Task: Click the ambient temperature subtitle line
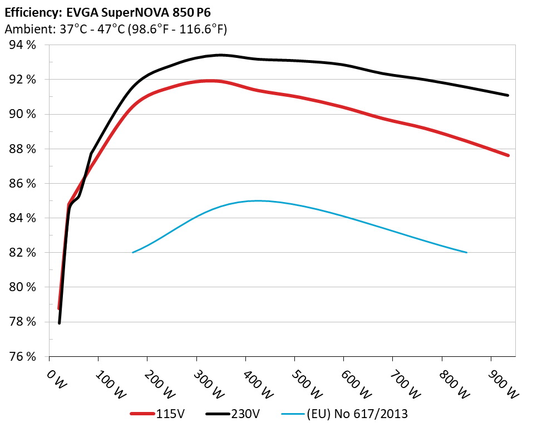point(116,30)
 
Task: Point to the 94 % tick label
point(23,45)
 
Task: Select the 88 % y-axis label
point(23,149)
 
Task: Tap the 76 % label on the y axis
point(23,356)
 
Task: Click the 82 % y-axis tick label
point(23,253)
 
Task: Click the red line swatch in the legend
point(141,414)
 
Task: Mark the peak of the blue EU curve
point(257,201)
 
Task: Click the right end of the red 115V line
point(507,155)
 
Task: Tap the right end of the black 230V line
point(507,95)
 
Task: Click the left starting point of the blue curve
point(133,252)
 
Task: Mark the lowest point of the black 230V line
point(59,322)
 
